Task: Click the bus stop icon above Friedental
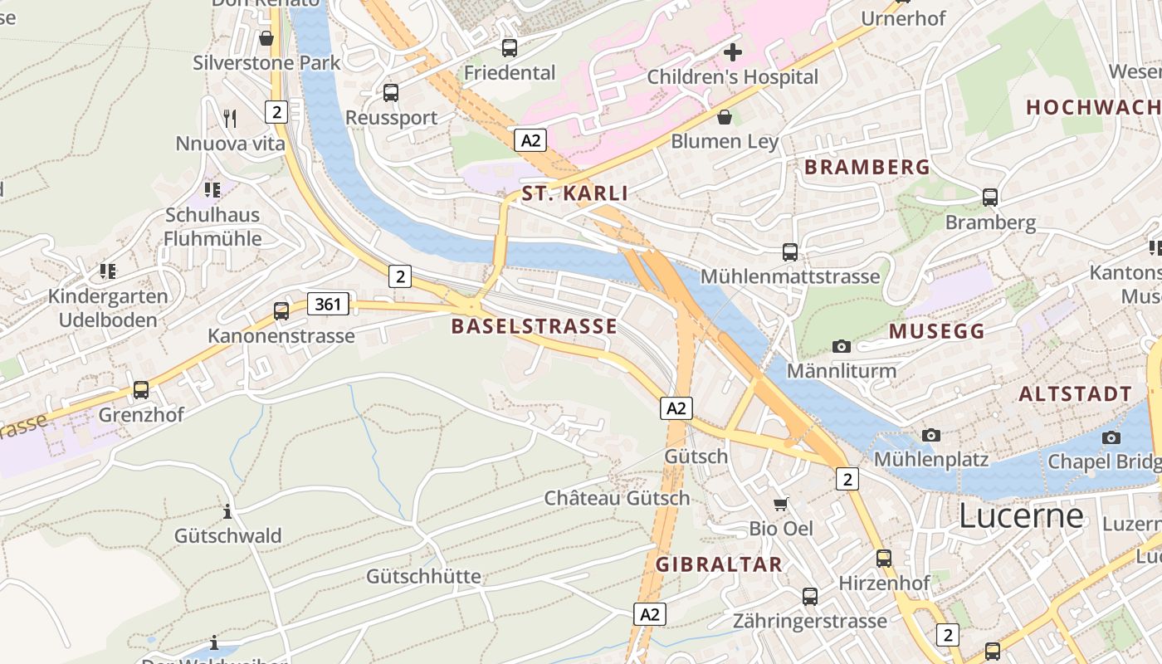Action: (510, 48)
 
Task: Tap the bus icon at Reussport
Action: (391, 93)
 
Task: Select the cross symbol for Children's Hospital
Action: (732, 52)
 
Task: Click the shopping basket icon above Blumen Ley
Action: (725, 117)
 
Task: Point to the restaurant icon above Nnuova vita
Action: (230, 119)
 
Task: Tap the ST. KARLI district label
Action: (574, 194)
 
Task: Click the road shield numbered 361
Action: (328, 304)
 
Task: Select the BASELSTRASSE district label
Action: (534, 326)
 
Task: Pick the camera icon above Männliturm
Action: (842, 346)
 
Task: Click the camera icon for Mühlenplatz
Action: (931, 435)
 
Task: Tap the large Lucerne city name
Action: (1021, 516)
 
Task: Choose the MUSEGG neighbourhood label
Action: (936, 331)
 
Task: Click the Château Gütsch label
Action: (617, 498)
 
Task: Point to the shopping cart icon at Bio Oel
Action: (781, 504)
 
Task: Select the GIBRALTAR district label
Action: (719, 564)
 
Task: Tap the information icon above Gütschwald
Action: (227, 511)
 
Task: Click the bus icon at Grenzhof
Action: (141, 389)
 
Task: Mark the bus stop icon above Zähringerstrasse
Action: (809, 596)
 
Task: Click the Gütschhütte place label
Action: (423, 576)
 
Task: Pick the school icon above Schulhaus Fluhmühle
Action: (212, 190)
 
